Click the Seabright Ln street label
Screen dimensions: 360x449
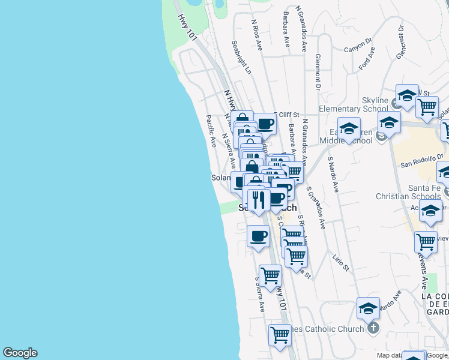pos(241,58)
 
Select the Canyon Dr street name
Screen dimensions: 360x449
pos(358,46)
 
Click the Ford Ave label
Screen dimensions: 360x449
pos(367,61)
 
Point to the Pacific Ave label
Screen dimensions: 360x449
pos(211,131)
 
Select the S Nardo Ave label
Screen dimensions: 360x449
pos(333,175)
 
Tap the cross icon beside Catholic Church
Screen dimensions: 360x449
pos(373,328)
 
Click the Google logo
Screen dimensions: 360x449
pos(20,353)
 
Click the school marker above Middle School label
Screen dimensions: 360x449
pos(348,128)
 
